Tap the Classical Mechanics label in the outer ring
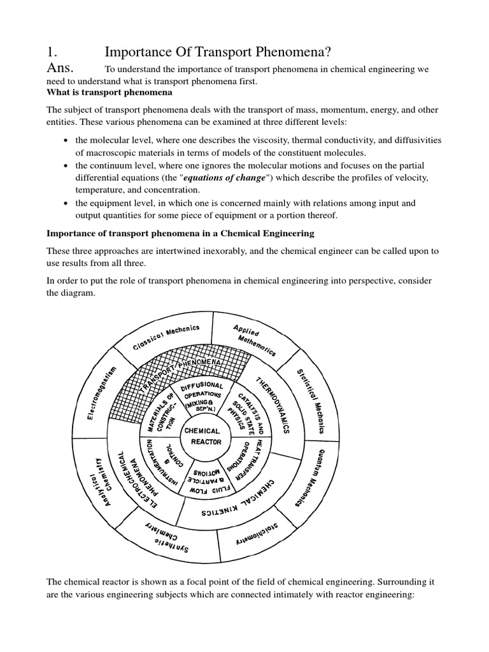[166, 337]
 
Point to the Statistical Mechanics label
[310, 401]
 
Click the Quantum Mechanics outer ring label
[310, 476]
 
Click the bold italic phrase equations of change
[224, 178]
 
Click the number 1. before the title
[53, 52]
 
